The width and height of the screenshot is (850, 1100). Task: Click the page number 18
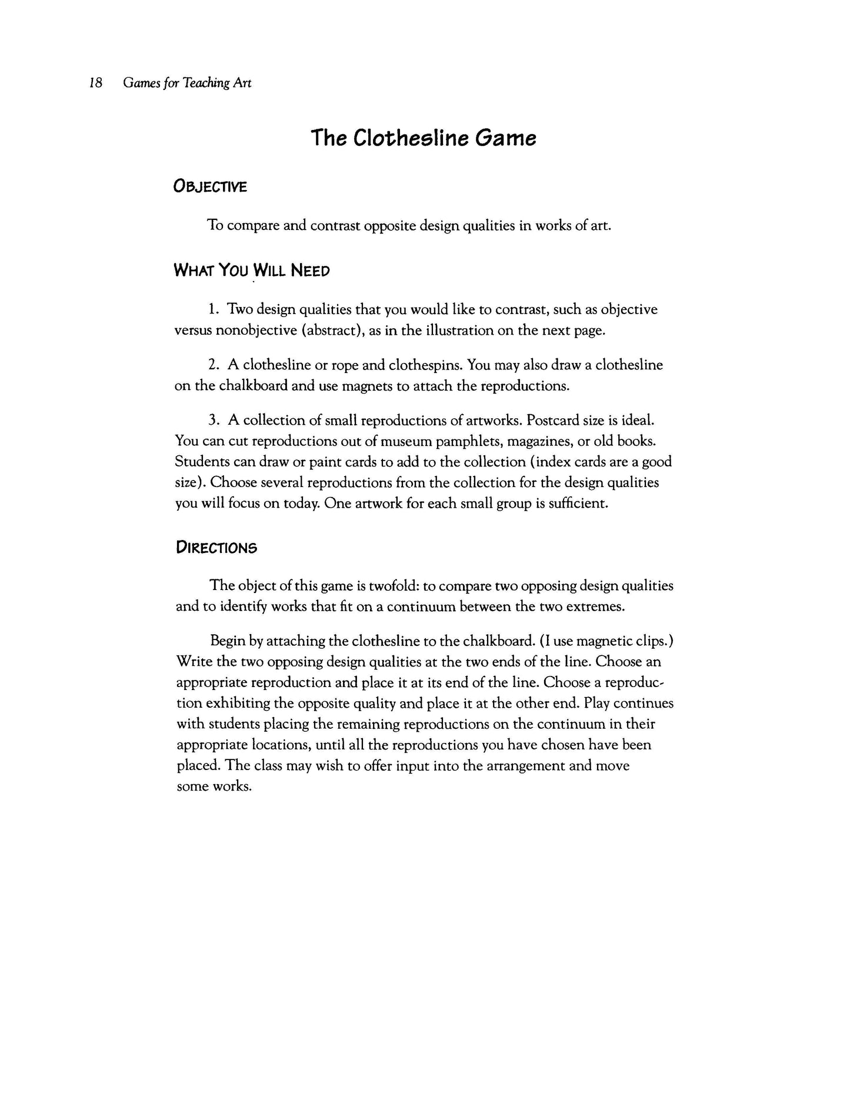[x=96, y=83]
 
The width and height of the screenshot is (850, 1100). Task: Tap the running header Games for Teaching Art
[x=187, y=84]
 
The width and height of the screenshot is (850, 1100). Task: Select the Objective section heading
[x=210, y=187]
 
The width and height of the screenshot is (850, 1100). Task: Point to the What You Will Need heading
[x=252, y=271]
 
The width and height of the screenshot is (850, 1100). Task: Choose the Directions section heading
[x=216, y=548]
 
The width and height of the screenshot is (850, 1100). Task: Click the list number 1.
[x=213, y=309]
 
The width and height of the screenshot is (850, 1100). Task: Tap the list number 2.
[x=213, y=365]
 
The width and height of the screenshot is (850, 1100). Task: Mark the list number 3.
[x=213, y=421]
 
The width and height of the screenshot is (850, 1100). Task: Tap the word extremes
[x=595, y=606]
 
